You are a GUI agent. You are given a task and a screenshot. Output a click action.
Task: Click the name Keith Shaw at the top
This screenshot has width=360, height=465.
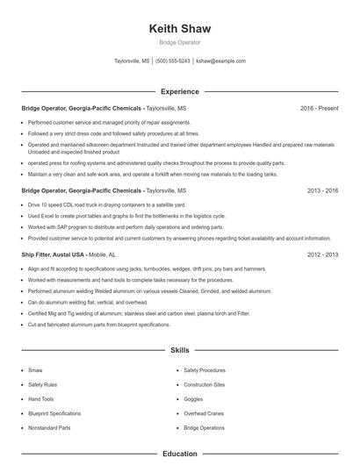tap(180, 28)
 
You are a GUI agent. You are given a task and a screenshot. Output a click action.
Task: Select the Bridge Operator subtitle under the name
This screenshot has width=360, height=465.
tap(180, 42)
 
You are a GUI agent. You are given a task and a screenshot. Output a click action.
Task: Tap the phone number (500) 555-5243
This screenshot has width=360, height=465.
tap(173, 61)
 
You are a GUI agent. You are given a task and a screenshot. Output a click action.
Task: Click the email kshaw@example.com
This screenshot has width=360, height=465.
tap(220, 61)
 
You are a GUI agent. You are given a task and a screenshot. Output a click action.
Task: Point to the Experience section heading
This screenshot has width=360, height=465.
tap(180, 91)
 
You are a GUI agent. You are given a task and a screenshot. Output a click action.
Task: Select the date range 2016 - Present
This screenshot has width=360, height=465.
tap(320, 108)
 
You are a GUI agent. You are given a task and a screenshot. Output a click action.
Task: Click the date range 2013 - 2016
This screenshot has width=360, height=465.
tap(323, 190)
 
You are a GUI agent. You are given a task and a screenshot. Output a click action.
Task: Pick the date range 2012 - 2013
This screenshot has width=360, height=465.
tap(323, 254)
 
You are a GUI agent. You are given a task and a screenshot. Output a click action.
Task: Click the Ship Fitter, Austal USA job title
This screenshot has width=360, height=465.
tap(54, 254)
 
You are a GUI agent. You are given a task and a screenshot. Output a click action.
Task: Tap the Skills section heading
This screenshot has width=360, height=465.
tap(180, 349)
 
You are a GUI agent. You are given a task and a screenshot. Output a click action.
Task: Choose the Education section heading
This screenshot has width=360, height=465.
tap(180, 454)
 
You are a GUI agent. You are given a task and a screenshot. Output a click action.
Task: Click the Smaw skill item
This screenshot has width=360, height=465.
tap(35, 370)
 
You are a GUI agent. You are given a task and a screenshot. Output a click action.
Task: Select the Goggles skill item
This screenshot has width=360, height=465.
tap(193, 398)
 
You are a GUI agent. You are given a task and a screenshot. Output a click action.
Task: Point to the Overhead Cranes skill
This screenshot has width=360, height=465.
tap(204, 412)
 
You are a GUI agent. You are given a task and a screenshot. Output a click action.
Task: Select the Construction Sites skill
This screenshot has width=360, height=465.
tap(205, 384)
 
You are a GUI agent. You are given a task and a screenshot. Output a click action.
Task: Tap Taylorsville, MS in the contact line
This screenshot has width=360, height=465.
tap(132, 61)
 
